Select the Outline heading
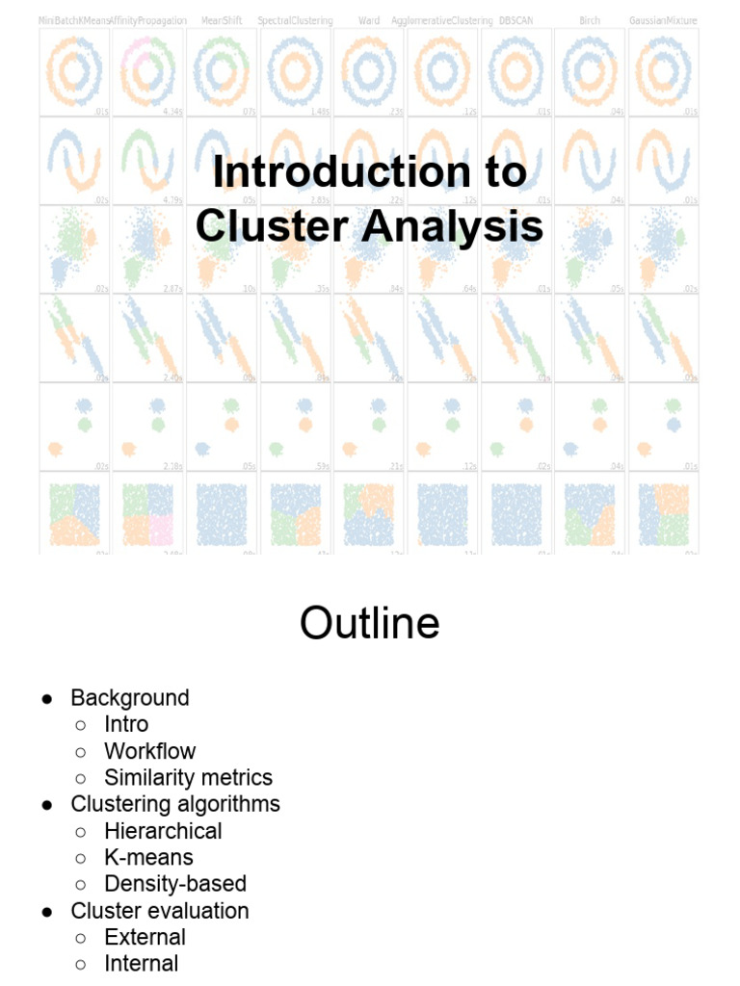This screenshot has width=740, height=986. tap(369, 623)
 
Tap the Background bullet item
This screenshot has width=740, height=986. tap(130, 697)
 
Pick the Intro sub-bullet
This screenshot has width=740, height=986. tap(126, 724)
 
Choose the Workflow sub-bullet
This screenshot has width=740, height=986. tap(149, 751)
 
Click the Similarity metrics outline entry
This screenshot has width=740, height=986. tap(188, 777)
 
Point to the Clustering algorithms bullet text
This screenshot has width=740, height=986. tap(175, 804)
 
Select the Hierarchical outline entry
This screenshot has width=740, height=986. tap(163, 830)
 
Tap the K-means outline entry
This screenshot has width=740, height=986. tap(148, 857)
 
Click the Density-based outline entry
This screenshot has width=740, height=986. tap(175, 883)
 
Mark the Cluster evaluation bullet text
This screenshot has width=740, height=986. tap(160, 910)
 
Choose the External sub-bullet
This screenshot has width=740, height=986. tap(145, 937)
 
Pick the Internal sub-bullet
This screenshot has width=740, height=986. tap(141, 963)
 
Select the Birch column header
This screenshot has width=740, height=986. tap(590, 20)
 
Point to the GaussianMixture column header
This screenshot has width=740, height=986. tap(663, 20)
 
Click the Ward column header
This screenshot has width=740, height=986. tap(369, 20)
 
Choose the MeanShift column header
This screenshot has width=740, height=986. tap(222, 20)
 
